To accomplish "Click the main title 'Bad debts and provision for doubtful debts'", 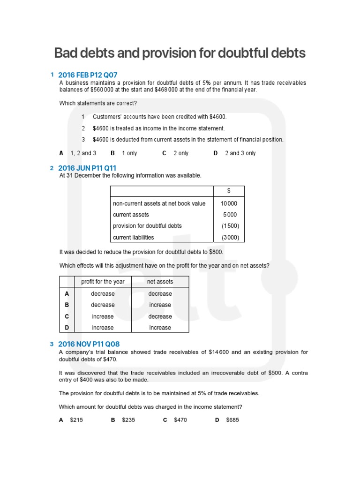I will point(180,53).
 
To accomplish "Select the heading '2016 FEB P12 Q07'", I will point(88,75).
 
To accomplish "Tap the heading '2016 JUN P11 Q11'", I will point(87,168).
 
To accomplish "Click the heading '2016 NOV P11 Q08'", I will point(89,344).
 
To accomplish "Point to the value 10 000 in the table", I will point(229,203).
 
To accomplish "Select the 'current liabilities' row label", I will point(134,237).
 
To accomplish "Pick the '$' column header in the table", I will point(229,191).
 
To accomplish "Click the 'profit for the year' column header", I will point(103,282).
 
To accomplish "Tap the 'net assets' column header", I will point(160,282).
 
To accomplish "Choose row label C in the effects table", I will point(67,316).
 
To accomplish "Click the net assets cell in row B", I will point(160,305).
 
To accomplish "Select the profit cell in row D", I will point(103,328).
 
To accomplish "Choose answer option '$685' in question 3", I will point(232,420).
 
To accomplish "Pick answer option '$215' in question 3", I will point(76,420).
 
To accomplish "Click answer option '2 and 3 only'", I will point(240,153).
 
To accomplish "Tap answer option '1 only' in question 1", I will point(129,153).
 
